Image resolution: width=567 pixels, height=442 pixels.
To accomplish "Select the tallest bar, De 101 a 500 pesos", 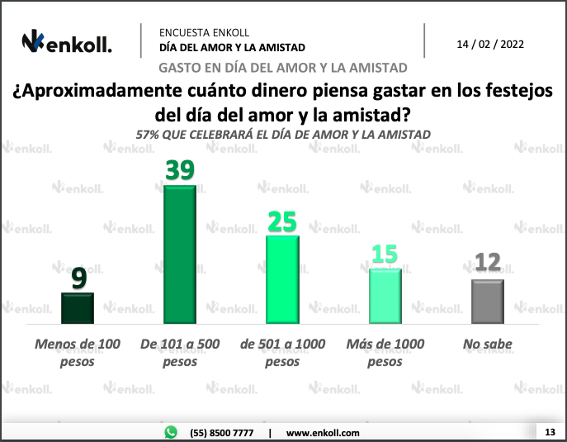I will pyautogui.click(x=180, y=254).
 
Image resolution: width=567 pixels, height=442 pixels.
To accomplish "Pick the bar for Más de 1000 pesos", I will pyautogui.click(x=385, y=296).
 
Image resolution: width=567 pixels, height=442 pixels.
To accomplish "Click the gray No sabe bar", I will pyautogui.click(x=487, y=302).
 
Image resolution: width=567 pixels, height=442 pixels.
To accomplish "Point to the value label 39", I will pyautogui.click(x=180, y=170).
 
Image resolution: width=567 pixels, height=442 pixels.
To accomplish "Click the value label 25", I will pyautogui.click(x=282, y=221).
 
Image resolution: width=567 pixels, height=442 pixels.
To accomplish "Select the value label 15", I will pyautogui.click(x=385, y=254).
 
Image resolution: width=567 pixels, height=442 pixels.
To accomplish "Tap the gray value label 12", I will pyautogui.click(x=487, y=264).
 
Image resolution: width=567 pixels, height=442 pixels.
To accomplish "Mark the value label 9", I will pyautogui.click(x=78, y=278).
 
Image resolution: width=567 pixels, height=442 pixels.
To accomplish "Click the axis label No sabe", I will pyautogui.click(x=488, y=344).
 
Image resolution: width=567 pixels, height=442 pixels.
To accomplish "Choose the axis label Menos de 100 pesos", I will pyautogui.click(x=78, y=352).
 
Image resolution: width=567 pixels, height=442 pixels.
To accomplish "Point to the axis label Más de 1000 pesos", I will pyautogui.click(x=385, y=352).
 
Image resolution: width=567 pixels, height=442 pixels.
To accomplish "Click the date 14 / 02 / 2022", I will pyautogui.click(x=490, y=44).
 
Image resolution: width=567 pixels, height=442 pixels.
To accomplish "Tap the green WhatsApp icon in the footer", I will pyautogui.click(x=171, y=432).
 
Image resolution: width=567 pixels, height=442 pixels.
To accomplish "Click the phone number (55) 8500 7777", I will pyautogui.click(x=220, y=433).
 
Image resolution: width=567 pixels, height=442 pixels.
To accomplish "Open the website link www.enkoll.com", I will pyautogui.click(x=323, y=433).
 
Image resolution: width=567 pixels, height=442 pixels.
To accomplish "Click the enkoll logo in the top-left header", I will pyautogui.click(x=67, y=42).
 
